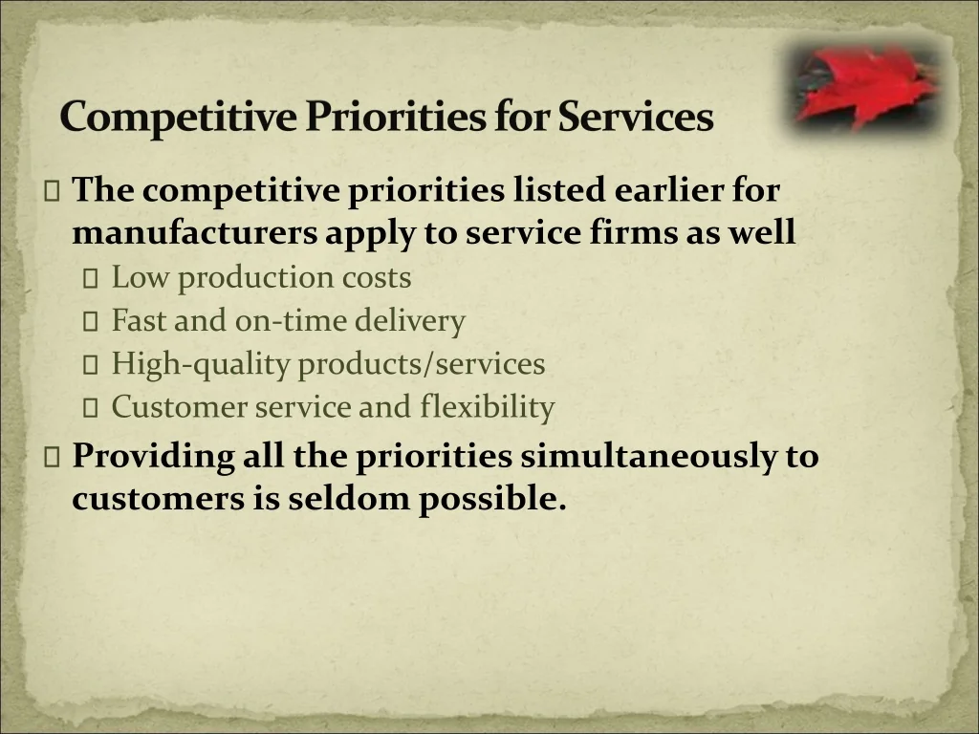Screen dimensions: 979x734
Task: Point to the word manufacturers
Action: tap(194, 232)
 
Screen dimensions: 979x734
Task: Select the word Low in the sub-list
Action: tap(140, 277)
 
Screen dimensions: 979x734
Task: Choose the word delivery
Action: tap(409, 321)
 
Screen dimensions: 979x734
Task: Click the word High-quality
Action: tap(201, 364)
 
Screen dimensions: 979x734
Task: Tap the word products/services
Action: tap(422, 364)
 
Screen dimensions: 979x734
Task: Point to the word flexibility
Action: tap(487, 407)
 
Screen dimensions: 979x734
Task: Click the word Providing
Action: tap(153, 456)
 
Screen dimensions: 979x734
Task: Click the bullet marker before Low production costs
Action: tap(91, 279)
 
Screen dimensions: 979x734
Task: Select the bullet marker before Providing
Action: tap(52, 458)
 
